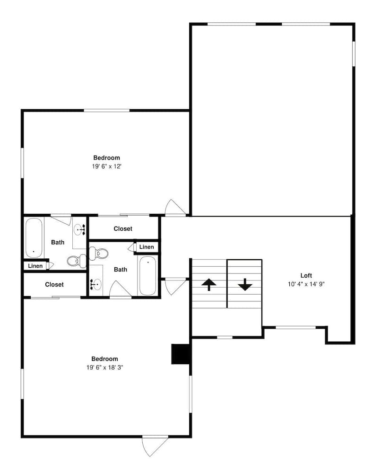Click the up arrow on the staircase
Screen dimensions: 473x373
pos(209,284)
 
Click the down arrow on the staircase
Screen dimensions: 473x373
pos(245,284)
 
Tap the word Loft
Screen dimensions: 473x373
pos(306,275)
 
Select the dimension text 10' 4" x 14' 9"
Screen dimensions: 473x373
pos(306,284)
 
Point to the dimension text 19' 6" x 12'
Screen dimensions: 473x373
pos(106,166)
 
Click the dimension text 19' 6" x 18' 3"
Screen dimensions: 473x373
pos(104,368)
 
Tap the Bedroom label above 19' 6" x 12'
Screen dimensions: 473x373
pos(106,158)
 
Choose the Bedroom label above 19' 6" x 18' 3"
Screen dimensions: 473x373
pos(104,359)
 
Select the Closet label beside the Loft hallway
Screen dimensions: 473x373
pos(123,229)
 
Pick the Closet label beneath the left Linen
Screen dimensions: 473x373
pos(54,285)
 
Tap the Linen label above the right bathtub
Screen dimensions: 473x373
pos(147,247)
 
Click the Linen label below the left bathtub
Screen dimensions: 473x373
pos(35,266)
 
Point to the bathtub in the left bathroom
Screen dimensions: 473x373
pos(34,237)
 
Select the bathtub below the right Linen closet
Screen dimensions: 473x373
pos(148,276)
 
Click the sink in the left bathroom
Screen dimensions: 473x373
pos(79,229)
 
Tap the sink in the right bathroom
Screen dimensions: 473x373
pos(96,284)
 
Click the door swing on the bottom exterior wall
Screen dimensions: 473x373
pos(155,445)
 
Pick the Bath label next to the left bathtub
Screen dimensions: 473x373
pos(58,243)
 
